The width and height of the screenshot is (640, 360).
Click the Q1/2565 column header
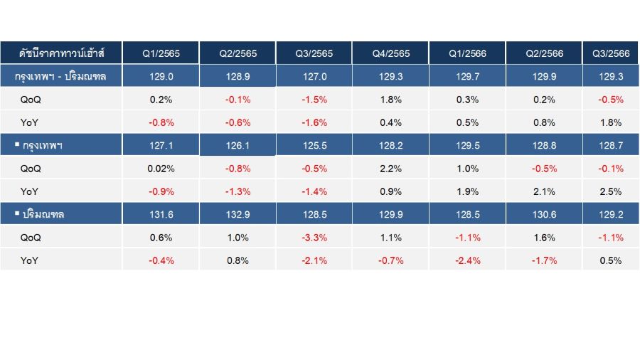pyautogui.click(x=161, y=53)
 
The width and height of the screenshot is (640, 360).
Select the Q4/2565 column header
pyautogui.click(x=390, y=53)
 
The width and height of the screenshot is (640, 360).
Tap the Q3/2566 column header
pyautogui.click(x=611, y=53)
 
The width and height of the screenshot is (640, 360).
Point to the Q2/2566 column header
pyautogui.click(x=544, y=53)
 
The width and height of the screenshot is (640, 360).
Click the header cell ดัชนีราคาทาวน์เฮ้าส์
pyautogui.click(x=61, y=53)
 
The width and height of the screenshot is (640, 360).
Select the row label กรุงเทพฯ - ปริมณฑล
pyautogui.click(x=60, y=76)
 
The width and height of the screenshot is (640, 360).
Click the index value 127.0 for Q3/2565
pyautogui.click(x=315, y=76)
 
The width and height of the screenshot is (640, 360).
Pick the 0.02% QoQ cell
pyautogui.click(x=161, y=169)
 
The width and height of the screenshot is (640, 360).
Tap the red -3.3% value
pyautogui.click(x=314, y=238)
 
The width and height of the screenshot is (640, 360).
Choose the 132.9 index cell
pyautogui.click(x=238, y=214)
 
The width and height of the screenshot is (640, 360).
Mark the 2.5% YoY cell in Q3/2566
pyautogui.click(x=611, y=191)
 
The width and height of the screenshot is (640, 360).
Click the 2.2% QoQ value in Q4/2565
pyautogui.click(x=390, y=169)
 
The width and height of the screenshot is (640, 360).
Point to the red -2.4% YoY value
pyautogui.click(x=468, y=260)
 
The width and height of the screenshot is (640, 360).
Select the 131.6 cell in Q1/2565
pyautogui.click(x=161, y=214)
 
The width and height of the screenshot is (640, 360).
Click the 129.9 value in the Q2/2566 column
pyautogui.click(x=544, y=76)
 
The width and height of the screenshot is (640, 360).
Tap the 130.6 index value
pyautogui.click(x=544, y=214)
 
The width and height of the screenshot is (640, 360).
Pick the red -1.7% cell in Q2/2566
pyautogui.click(x=544, y=260)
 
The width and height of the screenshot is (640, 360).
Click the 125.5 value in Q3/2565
pyautogui.click(x=315, y=145)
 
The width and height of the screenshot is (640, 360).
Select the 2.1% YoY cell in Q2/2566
pyautogui.click(x=544, y=191)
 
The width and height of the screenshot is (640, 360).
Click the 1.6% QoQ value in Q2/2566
pyautogui.click(x=544, y=238)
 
